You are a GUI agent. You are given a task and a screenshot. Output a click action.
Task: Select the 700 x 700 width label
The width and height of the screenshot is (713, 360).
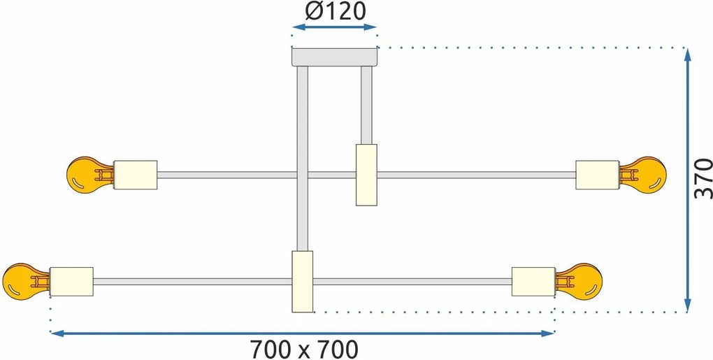(304, 350)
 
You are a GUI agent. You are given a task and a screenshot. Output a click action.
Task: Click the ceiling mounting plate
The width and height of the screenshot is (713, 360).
(334, 57)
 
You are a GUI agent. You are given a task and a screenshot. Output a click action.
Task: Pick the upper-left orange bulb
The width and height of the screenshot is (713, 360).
(89, 175)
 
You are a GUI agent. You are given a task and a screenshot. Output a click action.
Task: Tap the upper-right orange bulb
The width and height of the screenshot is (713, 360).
(642, 175)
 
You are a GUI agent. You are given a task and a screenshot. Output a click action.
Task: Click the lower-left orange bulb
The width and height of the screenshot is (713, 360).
(26, 282)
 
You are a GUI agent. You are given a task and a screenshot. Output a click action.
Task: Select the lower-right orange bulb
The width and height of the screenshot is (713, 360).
(578, 282)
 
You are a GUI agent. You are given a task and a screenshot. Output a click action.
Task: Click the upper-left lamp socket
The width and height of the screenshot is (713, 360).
(135, 175)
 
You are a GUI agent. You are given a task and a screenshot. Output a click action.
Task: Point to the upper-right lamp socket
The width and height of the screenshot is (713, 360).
(598, 175)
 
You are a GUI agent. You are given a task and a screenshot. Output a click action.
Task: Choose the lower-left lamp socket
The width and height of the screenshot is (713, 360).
(71, 282)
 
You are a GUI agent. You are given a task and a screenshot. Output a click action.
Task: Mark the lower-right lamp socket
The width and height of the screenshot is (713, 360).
(533, 282)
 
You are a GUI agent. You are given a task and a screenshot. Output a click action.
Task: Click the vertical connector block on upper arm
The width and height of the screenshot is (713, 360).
(366, 175)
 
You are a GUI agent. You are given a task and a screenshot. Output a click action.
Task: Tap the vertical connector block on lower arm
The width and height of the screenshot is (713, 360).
(303, 282)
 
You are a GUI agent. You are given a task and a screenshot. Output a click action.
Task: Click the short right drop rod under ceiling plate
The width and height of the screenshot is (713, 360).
(366, 106)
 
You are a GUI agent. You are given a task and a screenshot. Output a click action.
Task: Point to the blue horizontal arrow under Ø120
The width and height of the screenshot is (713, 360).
(334, 27)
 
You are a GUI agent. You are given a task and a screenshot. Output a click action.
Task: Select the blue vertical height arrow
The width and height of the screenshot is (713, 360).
(688, 180)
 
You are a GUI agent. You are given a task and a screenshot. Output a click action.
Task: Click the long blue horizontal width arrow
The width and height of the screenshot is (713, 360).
(303, 333)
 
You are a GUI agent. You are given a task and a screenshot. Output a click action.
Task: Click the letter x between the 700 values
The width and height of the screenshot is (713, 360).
(304, 352)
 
